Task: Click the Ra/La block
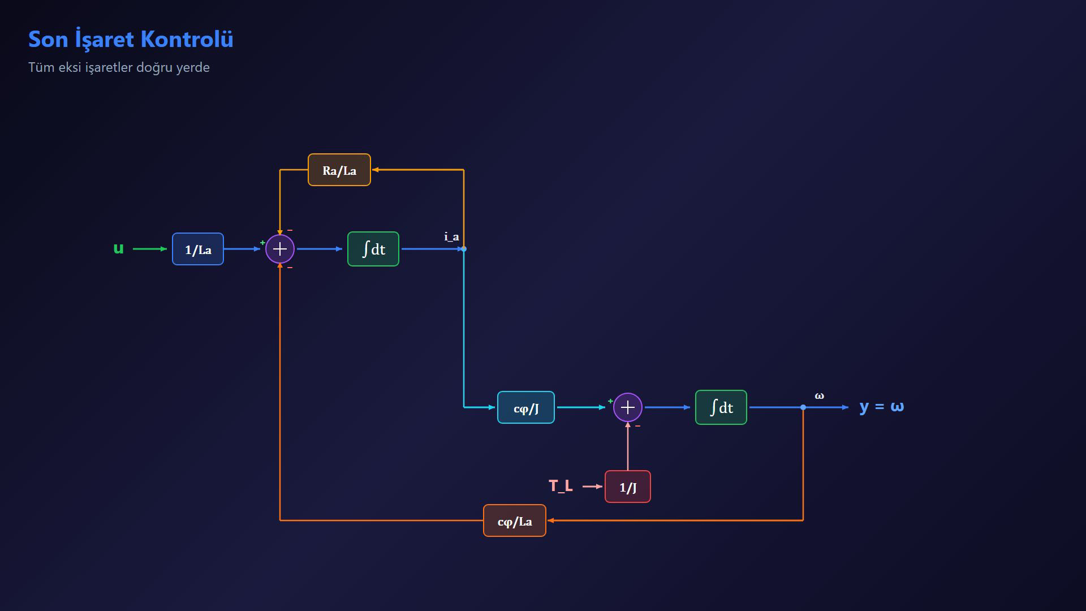point(339,170)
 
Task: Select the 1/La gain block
point(198,249)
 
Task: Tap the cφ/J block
point(526,407)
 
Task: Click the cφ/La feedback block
point(515,520)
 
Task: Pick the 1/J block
point(628,487)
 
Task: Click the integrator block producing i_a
point(373,249)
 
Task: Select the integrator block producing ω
point(721,407)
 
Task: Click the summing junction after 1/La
point(280,249)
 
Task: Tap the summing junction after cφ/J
point(628,407)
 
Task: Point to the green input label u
point(118,248)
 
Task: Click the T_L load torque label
point(561,486)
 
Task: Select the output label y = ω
point(881,406)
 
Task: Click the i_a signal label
point(451,236)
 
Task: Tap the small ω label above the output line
point(819,396)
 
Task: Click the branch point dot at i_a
point(464,249)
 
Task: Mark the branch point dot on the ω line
point(803,407)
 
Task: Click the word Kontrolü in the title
point(187,39)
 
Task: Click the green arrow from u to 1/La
point(150,249)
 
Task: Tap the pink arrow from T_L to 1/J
point(593,487)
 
